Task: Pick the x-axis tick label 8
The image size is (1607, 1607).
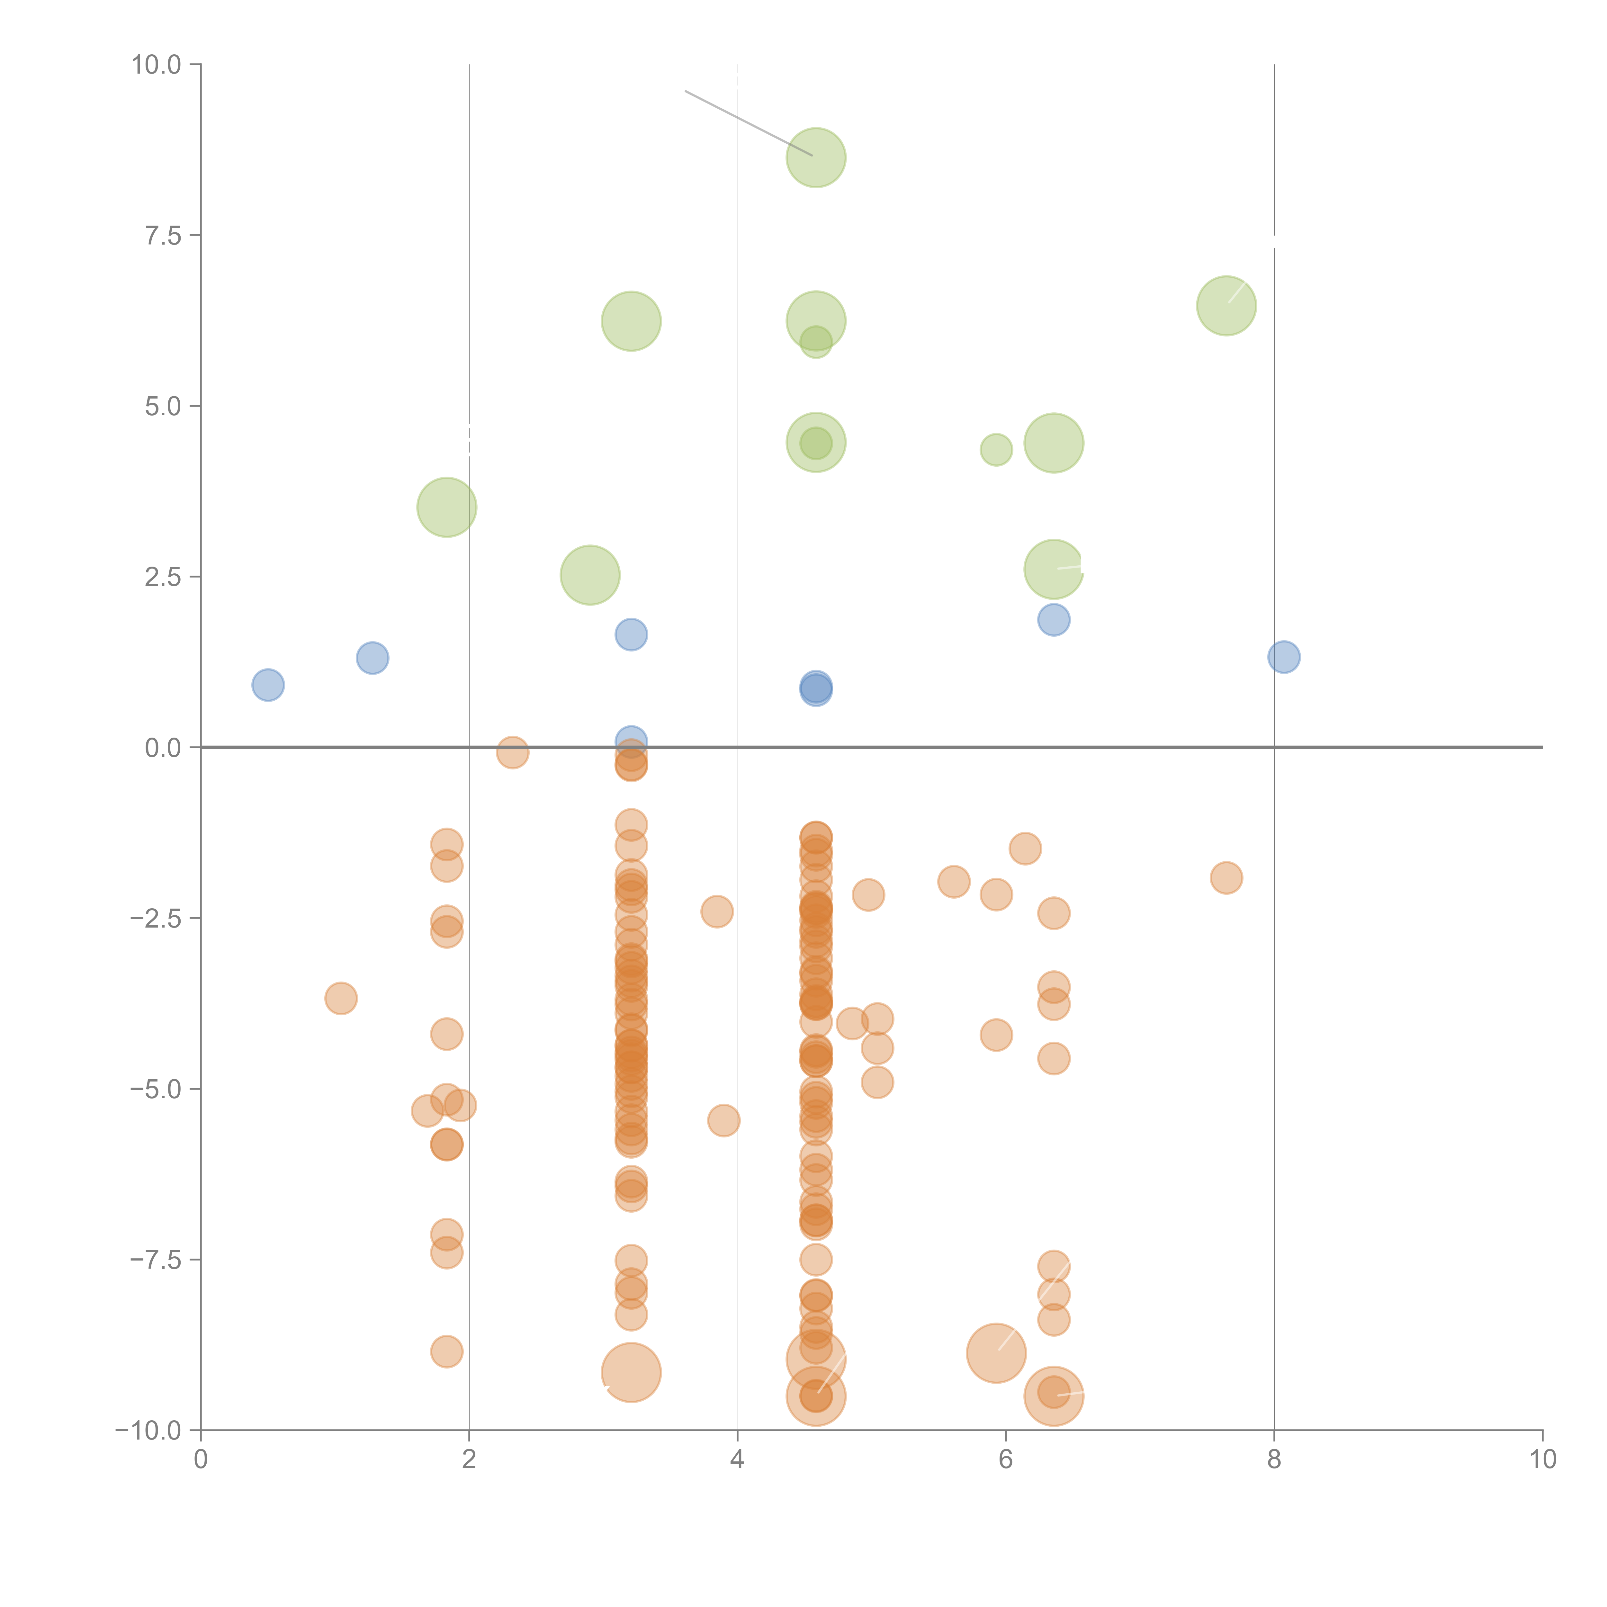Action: (x=1274, y=1460)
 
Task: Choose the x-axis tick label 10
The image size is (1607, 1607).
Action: (x=1543, y=1460)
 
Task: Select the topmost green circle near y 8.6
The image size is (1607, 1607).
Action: (x=816, y=158)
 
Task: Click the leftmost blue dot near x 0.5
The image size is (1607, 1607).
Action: (x=268, y=685)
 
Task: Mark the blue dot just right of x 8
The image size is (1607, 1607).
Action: (x=1284, y=657)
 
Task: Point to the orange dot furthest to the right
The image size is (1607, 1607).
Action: (x=1226, y=877)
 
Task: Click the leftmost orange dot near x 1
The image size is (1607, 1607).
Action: (x=341, y=998)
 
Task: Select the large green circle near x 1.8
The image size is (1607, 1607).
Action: (x=447, y=507)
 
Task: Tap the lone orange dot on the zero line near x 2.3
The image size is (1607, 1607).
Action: (x=512, y=753)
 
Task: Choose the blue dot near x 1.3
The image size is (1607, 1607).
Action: (x=373, y=658)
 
